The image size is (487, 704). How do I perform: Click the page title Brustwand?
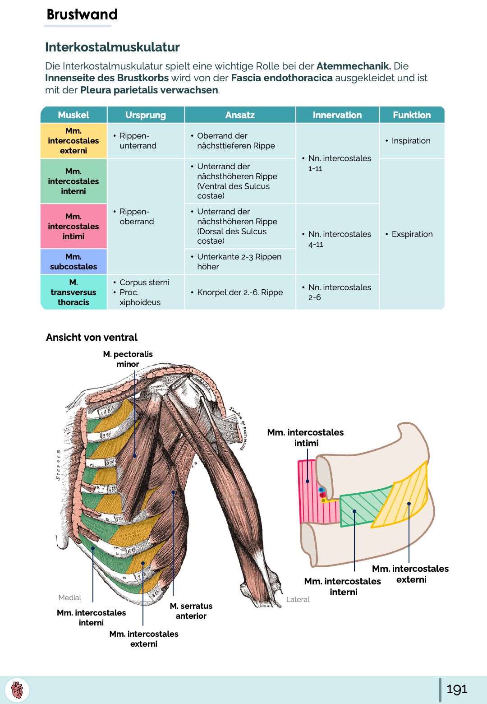pyautogui.click(x=82, y=14)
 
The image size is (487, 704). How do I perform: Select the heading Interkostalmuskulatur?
pyautogui.click(x=112, y=47)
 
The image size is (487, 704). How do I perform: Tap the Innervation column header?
pyautogui.click(x=337, y=115)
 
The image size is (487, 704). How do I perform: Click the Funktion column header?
pyautogui.click(x=411, y=115)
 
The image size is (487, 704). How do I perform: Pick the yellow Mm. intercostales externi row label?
pyautogui.click(x=74, y=141)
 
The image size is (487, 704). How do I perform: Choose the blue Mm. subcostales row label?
pyautogui.click(x=74, y=262)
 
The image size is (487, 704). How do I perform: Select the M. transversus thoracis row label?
pyautogui.click(x=74, y=292)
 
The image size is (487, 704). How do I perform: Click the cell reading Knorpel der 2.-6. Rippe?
pyautogui.click(x=240, y=292)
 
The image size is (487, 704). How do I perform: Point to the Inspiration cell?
pyautogui.click(x=411, y=141)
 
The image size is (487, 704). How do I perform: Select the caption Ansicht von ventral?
pyautogui.click(x=92, y=338)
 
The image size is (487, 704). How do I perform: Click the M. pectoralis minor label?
pyautogui.click(x=128, y=359)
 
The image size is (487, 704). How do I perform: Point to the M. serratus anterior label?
pyautogui.click(x=191, y=611)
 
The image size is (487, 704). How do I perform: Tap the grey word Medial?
pyautogui.click(x=69, y=597)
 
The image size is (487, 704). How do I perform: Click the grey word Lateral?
pyautogui.click(x=298, y=599)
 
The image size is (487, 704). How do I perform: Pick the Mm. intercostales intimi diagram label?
pyautogui.click(x=305, y=438)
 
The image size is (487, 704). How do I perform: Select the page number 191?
pyautogui.click(x=456, y=689)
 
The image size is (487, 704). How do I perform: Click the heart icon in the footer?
pyautogui.click(x=17, y=690)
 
